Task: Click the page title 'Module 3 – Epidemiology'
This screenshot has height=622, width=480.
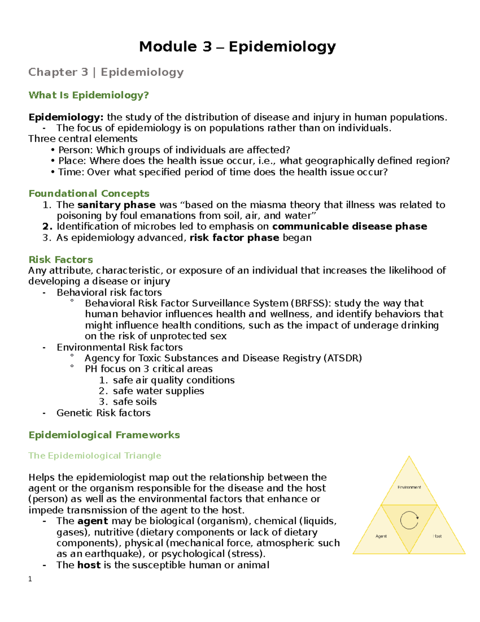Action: pyautogui.click(x=237, y=47)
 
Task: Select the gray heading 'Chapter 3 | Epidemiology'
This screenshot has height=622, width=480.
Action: pyautogui.click(x=106, y=72)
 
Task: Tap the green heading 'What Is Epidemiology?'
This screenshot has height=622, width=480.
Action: pyautogui.click(x=88, y=95)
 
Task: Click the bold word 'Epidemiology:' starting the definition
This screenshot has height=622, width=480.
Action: pyautogui.click(x=66, y=117)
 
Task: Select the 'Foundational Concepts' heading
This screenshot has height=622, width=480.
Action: pyautogui.click(x=89, y=194)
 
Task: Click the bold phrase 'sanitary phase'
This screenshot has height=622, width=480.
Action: pyautogui.click(x=116, y=205)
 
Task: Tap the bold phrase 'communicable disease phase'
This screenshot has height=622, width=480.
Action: pyautogui.click(x=349, y=227)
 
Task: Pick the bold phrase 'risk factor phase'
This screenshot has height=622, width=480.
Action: pyautogui.click(x=234, y=238)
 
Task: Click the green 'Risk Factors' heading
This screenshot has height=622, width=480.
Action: pyautogui.click(x=61, y=260)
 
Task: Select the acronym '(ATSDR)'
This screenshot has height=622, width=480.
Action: pyautogui.click(x=342, y=358)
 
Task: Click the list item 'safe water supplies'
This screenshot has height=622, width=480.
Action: pyautogui.click(x=158, y=391)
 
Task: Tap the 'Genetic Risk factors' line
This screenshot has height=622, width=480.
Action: pyautogui.click(x=103, y=413)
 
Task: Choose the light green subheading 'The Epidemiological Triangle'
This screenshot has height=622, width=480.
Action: pyautogui.click(x=95, y=456)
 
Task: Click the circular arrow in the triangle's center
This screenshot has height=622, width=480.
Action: pyautogui.click(x=409, y=520)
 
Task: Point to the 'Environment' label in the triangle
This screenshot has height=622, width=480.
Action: pyautogui.click(x=409, y=487)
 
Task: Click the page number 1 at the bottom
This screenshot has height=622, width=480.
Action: pyautogui.click(x=30, y=579)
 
